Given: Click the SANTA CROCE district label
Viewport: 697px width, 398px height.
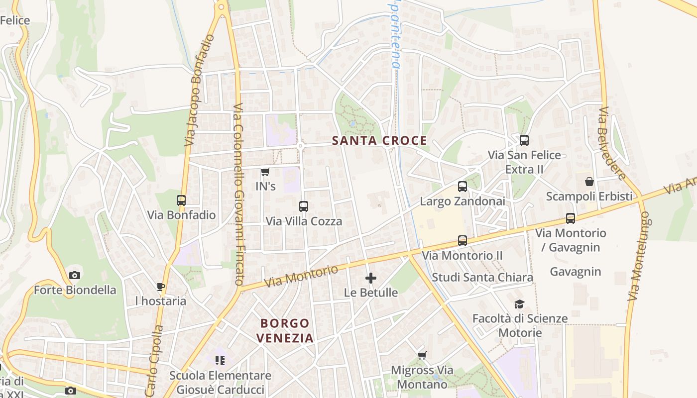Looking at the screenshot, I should [x=379, y=141].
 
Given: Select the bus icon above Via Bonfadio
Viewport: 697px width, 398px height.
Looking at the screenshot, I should [x=181, y=200].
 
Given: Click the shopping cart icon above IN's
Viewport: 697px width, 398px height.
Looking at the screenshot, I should [x=265, y=172].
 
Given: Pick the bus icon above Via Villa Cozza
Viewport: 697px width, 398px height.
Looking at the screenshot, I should [x=304, y=206].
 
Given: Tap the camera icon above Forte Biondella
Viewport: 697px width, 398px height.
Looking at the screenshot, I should [x=75, y=275].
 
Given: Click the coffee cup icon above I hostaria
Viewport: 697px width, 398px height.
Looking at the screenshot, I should [x=160, y=287].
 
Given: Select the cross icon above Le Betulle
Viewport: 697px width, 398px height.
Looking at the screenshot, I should [x=371, y=278].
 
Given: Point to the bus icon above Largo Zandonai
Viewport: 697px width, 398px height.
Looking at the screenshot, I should [x=463, y=187].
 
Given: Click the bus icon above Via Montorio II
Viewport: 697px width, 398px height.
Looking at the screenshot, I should [x=463, y=241].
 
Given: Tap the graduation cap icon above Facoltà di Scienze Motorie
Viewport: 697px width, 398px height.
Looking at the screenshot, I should [x=520, y=304].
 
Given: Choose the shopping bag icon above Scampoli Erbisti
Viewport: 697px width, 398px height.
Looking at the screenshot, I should [x=589, y=182].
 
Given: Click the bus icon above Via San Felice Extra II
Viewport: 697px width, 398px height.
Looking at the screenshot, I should [x=524, y=140].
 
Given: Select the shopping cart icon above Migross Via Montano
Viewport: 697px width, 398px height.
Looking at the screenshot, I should [x=422, y=355].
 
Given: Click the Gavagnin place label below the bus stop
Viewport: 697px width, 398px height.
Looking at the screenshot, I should [x=576, y=272].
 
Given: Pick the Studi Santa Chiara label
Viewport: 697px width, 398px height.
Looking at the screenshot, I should [x=482, y=277].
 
